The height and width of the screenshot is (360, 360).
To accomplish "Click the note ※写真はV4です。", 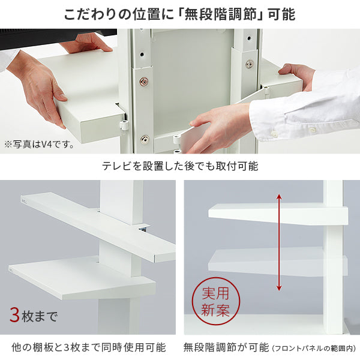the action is point(39,145).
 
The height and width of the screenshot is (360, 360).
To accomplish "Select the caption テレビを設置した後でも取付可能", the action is point(180,166).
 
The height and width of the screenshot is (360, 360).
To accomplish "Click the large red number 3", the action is point(14,316).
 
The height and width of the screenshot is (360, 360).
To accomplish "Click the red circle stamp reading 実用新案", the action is point(215,301).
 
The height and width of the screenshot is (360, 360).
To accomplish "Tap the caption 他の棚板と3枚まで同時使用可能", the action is point(88,347).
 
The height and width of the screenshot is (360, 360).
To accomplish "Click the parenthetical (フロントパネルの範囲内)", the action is point(314,348).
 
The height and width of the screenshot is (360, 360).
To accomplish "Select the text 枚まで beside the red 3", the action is point(39,316).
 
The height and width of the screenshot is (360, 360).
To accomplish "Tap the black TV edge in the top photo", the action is point(58,39).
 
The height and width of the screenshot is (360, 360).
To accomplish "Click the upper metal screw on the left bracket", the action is point(144,81).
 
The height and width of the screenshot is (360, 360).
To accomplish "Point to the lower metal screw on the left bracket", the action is point(145,139).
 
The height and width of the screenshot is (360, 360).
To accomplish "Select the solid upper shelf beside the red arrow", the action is point(278,214).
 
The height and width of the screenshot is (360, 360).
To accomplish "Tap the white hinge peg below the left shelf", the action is point(124,124).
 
